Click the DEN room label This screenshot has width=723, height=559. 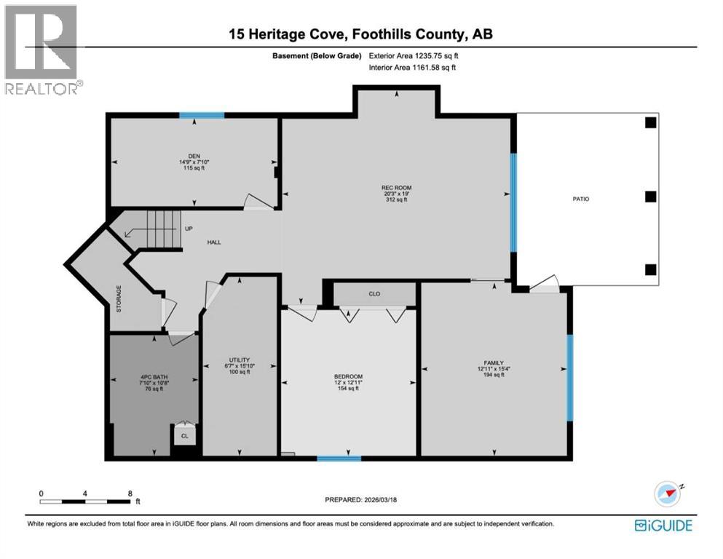pos(194,155)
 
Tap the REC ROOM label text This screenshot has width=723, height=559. pos(392,188)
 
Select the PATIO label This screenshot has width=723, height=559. pos(580,199)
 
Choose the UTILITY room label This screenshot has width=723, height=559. pos(240,360)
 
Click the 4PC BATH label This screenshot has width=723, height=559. pos(154,377)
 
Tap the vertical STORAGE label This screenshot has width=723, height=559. pos(120,299)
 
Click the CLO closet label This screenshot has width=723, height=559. pos(374,294)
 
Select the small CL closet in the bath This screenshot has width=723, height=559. pos(185,436)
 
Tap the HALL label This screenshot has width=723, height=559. pos(213,242)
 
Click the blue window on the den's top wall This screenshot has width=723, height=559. pos(202,115)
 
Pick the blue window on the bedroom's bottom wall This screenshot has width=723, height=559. pos(339,459)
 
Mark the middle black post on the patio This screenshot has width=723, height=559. pos(650,197)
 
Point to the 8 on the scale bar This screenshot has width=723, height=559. pos(130,493)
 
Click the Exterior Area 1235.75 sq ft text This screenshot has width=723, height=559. pos(414,55)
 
